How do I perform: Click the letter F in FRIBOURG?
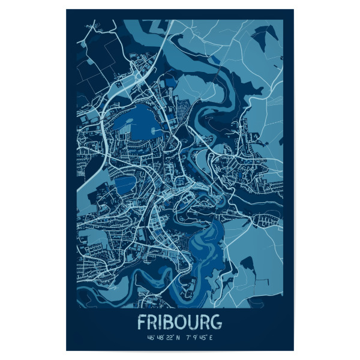[142, 322]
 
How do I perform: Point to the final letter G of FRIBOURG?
[216, 322]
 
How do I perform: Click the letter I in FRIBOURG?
[159, 322]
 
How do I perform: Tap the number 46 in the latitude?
[141, 338]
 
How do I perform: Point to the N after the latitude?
[178, 338]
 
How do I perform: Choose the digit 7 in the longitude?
[190, 338]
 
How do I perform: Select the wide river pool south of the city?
[204, 240]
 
